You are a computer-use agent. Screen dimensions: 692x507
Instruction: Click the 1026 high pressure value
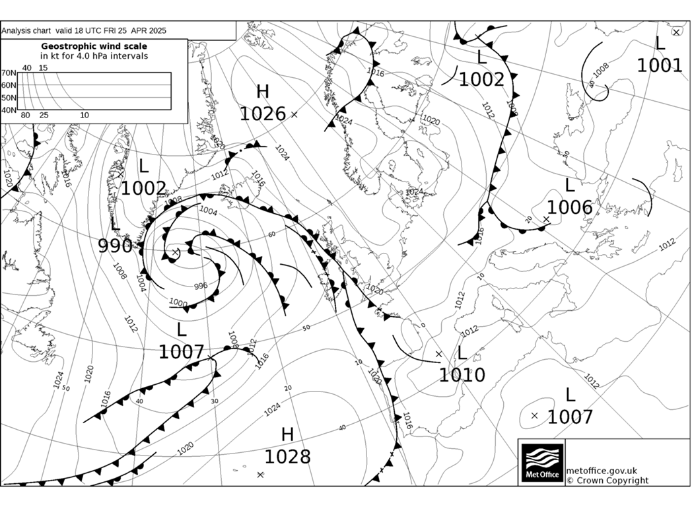(262, 114)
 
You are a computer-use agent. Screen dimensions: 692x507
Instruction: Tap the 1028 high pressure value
(287, 456)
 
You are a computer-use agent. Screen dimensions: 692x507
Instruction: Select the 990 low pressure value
(115, 246)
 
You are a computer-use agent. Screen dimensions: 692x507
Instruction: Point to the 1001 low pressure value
(659, 65)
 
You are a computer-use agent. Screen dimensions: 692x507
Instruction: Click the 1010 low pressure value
(462, 376)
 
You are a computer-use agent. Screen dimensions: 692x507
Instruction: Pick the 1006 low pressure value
(569, 207)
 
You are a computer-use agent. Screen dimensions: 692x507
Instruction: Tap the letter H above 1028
(287, 434)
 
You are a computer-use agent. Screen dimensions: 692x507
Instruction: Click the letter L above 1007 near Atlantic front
(182, 330)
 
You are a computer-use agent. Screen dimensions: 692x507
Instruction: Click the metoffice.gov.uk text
(602, 470)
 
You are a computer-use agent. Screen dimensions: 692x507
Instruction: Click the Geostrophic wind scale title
(94, 46)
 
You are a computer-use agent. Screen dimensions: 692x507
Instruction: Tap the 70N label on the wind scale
(9, 73)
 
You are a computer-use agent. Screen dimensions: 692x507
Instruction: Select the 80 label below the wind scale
(26, 116)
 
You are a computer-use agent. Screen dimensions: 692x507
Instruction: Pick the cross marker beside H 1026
(294, 114)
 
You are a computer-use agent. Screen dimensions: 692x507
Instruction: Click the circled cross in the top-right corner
(677, 31)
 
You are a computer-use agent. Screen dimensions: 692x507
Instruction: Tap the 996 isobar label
(201, 286)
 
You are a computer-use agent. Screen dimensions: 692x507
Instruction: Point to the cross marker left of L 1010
(438, 355)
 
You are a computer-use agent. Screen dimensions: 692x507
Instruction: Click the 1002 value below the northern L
(481, 79)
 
